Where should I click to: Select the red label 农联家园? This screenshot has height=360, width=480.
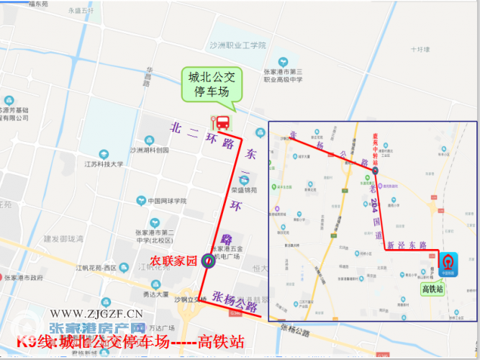tap(173, 261)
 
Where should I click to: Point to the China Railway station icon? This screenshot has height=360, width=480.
tap(449, 261)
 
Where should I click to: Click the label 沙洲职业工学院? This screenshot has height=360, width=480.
tap(237, 45)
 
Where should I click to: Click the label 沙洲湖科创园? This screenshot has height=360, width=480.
tap(150, 150)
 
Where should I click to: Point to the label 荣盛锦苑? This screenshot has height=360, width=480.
tap(244, 190)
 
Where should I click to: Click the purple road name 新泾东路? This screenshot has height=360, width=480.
tap(408, 246)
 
